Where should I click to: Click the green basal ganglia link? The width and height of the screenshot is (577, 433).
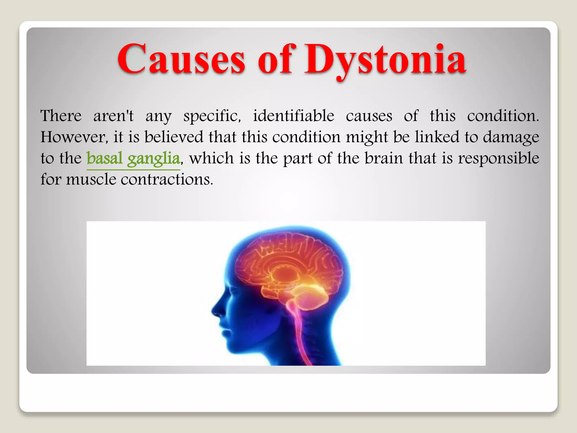coord(133,158)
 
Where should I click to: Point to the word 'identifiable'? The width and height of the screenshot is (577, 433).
coord(293,116)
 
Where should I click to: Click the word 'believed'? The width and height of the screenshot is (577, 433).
coord(174,137)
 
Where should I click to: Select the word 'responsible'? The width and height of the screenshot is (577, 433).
coord(498,158)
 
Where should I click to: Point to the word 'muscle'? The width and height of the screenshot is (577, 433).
coord(91,179)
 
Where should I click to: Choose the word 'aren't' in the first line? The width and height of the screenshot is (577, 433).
coord(114,116)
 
